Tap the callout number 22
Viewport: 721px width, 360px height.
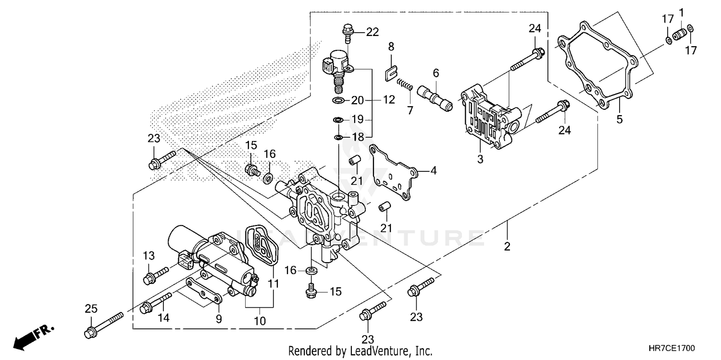pos(373,32)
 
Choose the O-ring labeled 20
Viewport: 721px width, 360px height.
pos(338,101)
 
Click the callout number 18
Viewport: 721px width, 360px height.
pos(358,137)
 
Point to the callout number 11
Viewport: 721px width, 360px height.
pos(273,284)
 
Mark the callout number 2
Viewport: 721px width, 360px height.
pos(507,247)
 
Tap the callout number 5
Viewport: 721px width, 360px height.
pos(620,119)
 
